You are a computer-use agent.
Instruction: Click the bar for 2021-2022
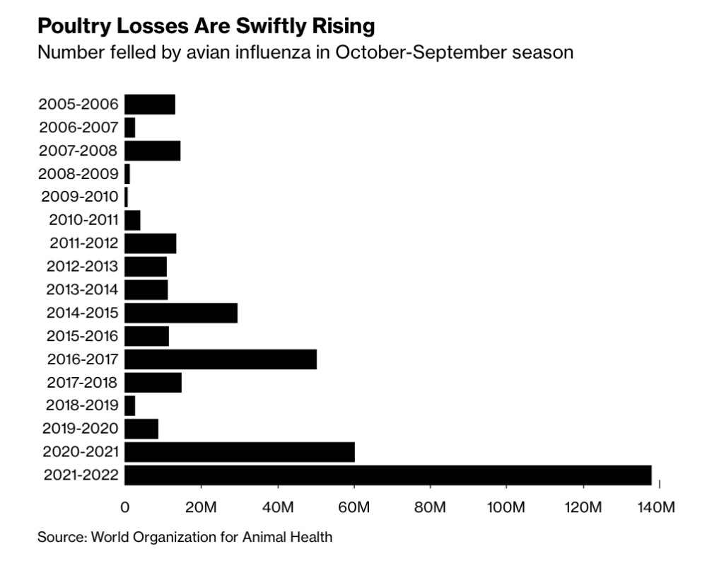click(387, 475)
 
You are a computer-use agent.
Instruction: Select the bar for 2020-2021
click(239, 452)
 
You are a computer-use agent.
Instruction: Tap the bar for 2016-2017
click(220, 359)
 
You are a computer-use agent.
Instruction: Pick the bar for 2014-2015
click(180, 313)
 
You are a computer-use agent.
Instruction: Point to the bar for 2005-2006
click(149, 104)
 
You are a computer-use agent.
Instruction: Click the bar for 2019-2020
click(141, 429)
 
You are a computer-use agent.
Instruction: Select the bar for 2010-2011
click(132, 220)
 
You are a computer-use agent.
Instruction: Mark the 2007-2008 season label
click(79, 151)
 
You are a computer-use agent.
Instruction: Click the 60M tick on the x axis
click(354, 507)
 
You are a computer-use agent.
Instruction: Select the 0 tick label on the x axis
click(125, 507)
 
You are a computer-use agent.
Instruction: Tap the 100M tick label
click(506, 507)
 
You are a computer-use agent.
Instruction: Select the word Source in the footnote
click(60, 537)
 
